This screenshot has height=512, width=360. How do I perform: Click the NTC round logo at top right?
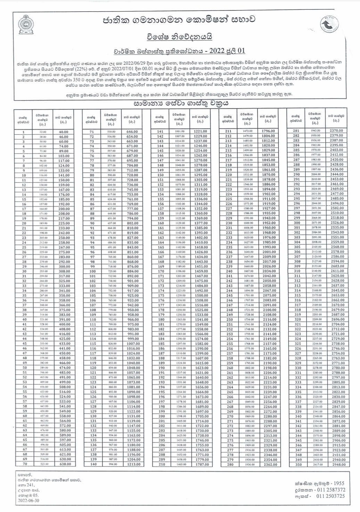(328, 24)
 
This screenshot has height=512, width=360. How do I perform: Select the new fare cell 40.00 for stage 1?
(64, 132)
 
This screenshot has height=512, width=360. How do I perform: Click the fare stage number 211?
(228, 131)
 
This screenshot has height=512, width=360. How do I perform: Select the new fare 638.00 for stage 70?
(64, 464)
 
